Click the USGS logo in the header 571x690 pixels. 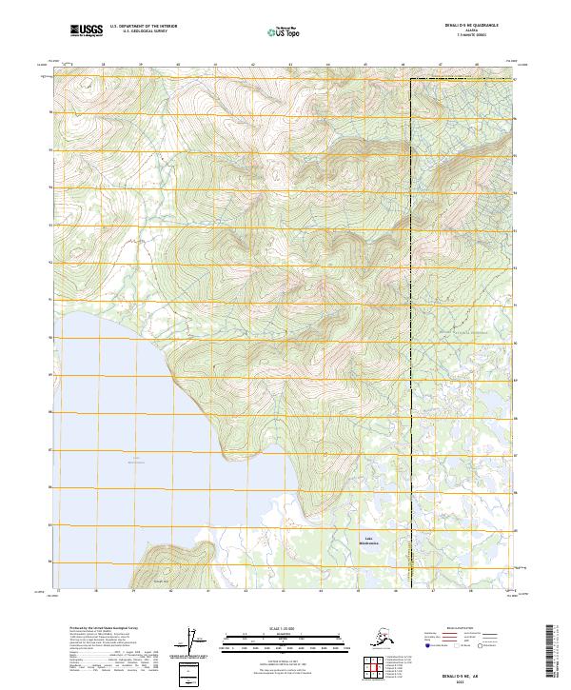(x=87, y=32)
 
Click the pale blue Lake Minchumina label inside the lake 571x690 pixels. (x=136, y=461)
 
